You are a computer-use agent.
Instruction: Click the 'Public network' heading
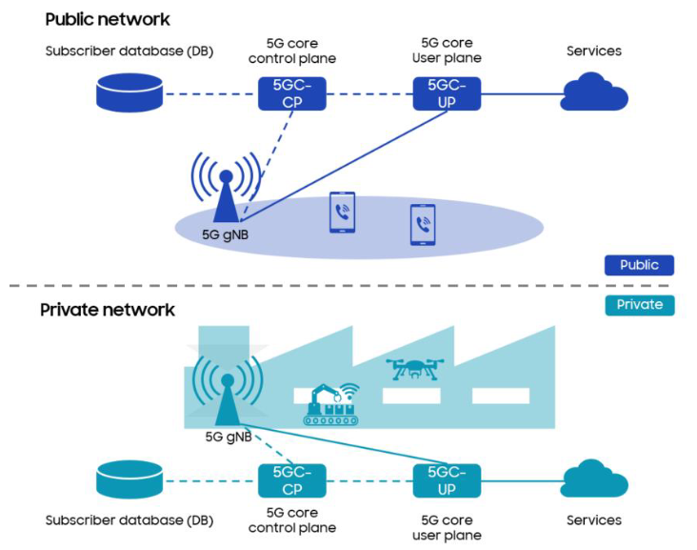pyautogui.click(x=108, y=19)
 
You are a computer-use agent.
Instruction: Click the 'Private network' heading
pyautogui.click(x=108, y=310)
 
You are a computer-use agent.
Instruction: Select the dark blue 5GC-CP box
pyautogui.click(x=290, y=93)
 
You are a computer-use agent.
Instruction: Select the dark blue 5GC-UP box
pyautogui.click(x=447, y=93)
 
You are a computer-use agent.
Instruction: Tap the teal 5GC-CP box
pyautogui.click(x=291, y=480)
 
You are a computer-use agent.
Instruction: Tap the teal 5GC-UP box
pyautogui.click(x=447, y=480)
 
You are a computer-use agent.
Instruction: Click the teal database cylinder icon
pyautogui.click(x=129, y=480)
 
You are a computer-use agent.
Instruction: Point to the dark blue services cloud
pyautogui.click(x=594, y=93)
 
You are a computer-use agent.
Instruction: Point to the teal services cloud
pyautogui.click(x=594, y=479)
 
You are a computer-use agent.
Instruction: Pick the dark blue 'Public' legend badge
pyautogui.click(x=639, y=265)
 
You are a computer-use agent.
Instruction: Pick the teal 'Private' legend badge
pyautogui.click(x=639, y=305)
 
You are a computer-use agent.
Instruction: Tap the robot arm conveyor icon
pyautogui.click(x=332, y=404)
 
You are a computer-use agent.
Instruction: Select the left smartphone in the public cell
pyautogui.click(x=342, y=212)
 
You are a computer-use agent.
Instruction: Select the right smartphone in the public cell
pyautogui.click(x=422, y=225)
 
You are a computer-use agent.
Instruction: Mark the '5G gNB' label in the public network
pyautogui.click(x=226, y=233)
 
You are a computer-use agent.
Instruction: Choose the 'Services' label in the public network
pyautogui.click(x=594, y=51)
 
